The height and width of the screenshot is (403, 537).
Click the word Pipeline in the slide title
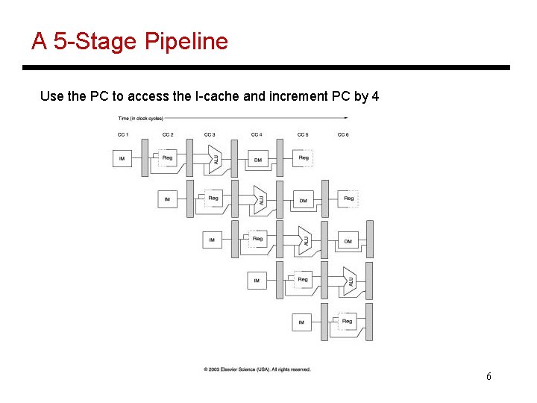[x=186, y=42]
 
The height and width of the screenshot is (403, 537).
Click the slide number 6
[x=489, y=376]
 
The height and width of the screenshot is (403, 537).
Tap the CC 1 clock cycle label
[x=123, y=134]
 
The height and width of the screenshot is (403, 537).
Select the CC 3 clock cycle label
[x=210, y=134]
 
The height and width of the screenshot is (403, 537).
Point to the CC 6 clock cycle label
[x=343, y=134]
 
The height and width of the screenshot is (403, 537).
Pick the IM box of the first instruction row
[x=122, y=158]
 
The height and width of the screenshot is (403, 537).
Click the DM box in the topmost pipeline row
[x=257, y=159]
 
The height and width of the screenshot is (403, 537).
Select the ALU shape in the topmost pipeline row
[x=216, y=159]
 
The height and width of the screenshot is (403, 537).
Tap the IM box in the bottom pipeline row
[x=301, y=322]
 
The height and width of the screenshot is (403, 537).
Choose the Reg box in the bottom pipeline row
[x=347, y=322]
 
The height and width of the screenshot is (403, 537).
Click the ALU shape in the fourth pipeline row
[x=349, y=281]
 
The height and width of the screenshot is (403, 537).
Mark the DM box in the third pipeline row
[x=348, y=240]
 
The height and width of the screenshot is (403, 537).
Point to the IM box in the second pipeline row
[x=167, y=199]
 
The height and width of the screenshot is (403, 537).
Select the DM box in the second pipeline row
[x=303, y=200]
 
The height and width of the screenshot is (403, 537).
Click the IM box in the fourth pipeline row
[x=257, y=281]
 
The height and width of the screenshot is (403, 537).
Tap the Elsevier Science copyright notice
[x=257, y=369]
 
